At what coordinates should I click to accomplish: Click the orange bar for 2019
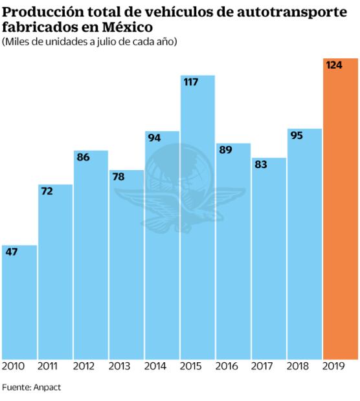tap(340, 213)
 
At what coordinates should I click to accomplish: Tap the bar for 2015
tap(197, 220)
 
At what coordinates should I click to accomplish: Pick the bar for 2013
tap(126, 265)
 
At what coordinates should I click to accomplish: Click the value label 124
tap(335, 65)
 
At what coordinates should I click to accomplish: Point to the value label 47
tap(12, 252)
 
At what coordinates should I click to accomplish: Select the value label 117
tap(192, 82)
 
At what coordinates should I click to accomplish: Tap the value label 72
tap(47, 191)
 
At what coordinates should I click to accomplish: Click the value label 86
tap(83, 157)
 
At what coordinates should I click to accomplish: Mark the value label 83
tap(261, 164)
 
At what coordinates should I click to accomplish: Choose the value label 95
tap(297, 135)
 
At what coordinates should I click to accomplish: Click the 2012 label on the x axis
tap(84, 366)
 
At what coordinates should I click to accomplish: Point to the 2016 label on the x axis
tap(227, 366)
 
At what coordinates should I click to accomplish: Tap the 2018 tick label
tap(298, 366)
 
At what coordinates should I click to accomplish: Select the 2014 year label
tap(155, 366)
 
